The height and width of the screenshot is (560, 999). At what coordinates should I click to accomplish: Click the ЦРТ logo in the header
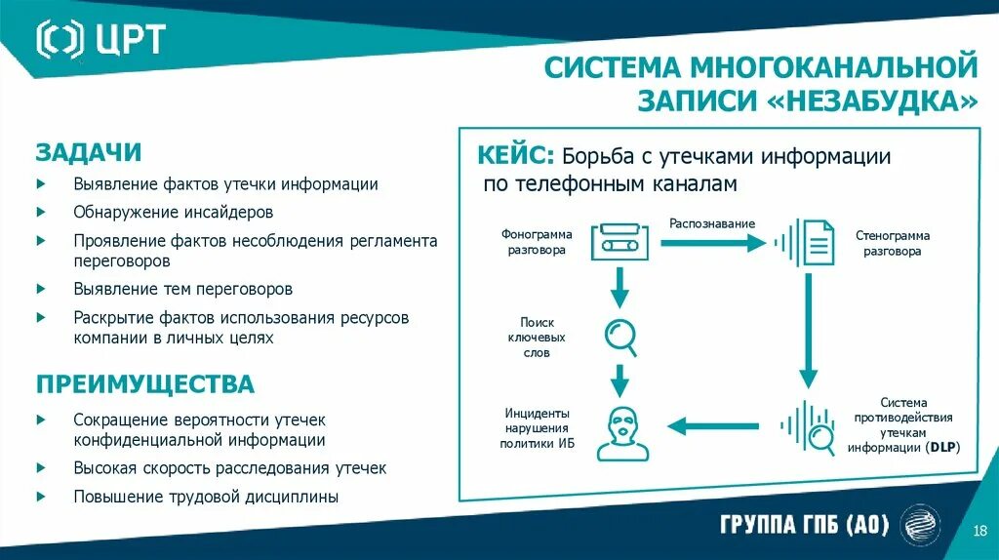(100, 39)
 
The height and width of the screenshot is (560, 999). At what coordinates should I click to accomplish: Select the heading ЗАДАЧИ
(89, 152)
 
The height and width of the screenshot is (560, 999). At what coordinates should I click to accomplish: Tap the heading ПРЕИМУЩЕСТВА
(145, 383)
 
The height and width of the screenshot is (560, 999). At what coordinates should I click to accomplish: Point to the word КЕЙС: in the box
(516, 156)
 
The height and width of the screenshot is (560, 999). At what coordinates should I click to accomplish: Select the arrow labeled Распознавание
(711, 241)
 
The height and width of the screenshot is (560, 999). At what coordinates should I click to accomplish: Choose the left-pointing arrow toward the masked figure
(712, 425)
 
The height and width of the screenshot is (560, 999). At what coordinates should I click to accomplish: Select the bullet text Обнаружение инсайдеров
(173, 212)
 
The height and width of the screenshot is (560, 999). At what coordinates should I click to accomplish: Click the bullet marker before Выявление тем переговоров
(41, 289)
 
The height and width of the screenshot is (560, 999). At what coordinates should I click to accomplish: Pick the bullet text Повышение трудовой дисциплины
(206, 497)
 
